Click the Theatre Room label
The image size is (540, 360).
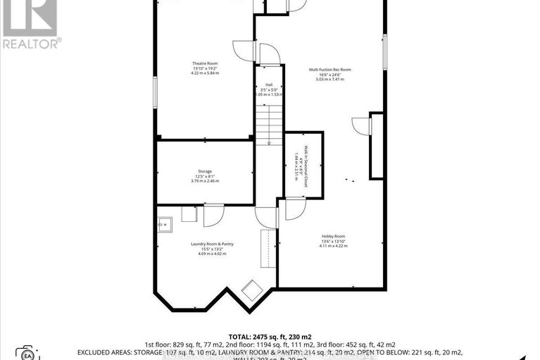coord(206,63)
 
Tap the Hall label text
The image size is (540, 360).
coord(268,84)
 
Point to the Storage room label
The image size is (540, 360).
coord(205,171)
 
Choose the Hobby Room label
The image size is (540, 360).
coord(334,237)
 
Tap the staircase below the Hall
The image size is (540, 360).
coord(268,120)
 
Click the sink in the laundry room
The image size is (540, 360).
coord(165,225)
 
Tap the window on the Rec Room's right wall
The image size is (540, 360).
coord(384,52)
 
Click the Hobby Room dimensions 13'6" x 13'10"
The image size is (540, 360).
coord(334,242)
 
